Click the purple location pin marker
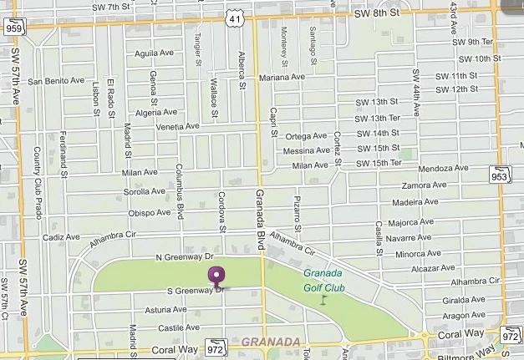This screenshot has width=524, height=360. coord(217,276)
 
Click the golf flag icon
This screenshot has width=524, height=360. coord(324,297)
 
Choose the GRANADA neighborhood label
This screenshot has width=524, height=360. coord(270,342)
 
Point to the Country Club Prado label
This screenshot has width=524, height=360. coord(38,181)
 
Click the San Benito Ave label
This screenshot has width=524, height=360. coord(57,81)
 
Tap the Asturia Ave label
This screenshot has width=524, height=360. coord(165,310)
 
